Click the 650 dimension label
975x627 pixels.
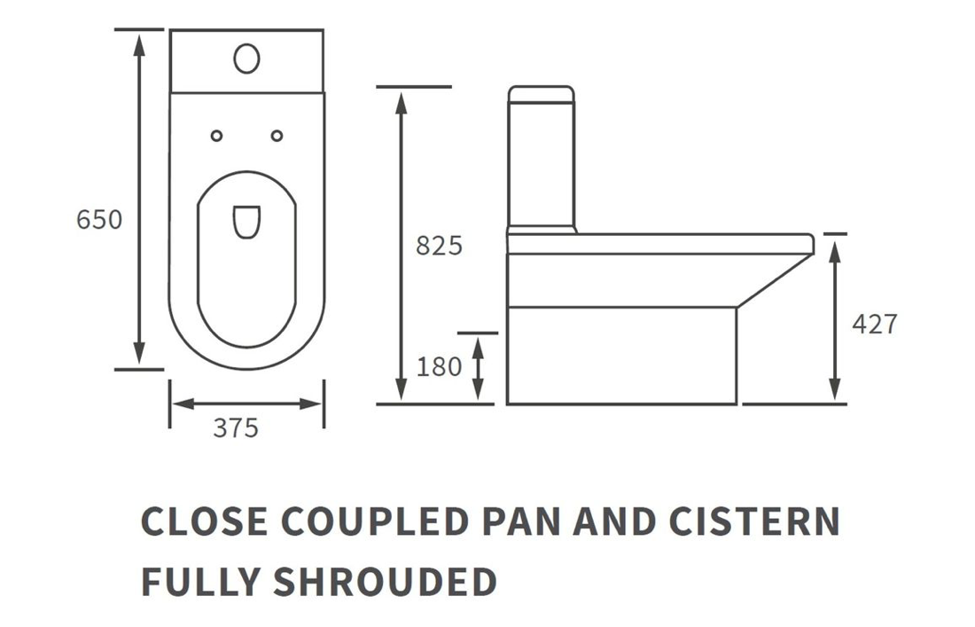[x=99, y=220]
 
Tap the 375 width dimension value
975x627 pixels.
[x=236, y=428]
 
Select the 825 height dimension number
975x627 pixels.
[x=439, y=246]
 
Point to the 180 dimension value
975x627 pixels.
[x=439, y=367]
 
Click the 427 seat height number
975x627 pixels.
[x=874, y=324]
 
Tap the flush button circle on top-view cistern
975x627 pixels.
[x=247, y=59]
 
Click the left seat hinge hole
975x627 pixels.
[x=216, y=136]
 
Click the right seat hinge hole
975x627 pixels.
[x=277, y=136]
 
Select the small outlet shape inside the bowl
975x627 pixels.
[x=247, y=222]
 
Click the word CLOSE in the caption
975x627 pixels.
[x=205, y=521]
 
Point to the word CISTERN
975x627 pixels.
[x=755, y=521]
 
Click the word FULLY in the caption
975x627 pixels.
[x=200, y=582]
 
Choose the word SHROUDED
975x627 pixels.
[x=385, y=582]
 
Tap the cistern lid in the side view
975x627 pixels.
[x=541, y=95]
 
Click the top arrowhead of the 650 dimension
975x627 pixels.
[x=139, y=43]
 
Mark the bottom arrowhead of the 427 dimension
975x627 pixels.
[x=835, y=389]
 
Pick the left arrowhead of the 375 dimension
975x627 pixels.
[x=183, y=404]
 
